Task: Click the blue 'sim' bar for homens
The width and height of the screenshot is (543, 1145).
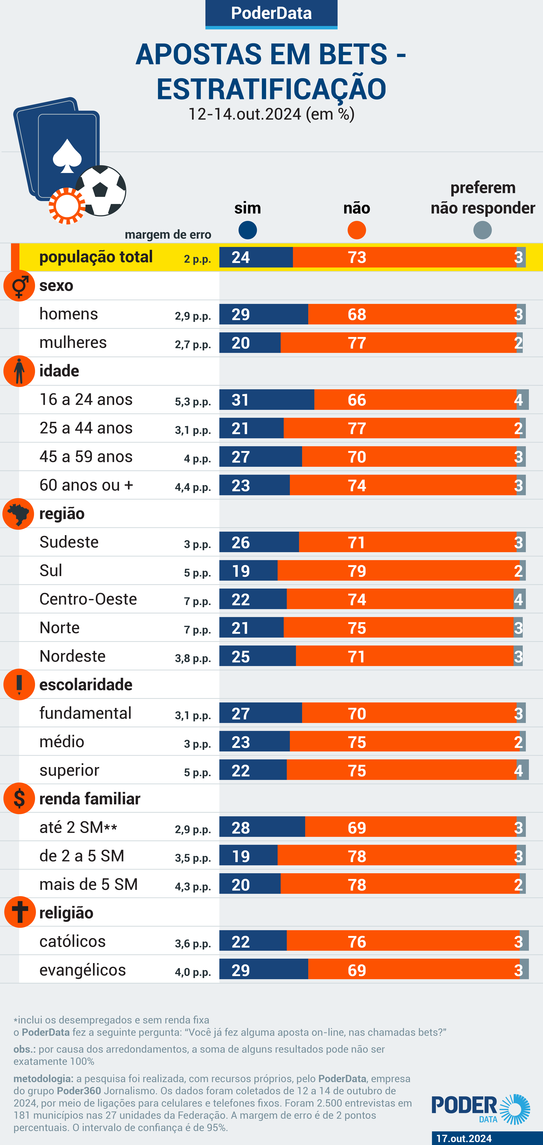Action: pyautogui.click(x=263, y=314)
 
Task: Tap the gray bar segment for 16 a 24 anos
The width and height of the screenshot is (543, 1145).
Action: pyautogui.click(x=523, y=400)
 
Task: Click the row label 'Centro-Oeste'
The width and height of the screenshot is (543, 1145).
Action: pyautogui.click(x=88, y=599)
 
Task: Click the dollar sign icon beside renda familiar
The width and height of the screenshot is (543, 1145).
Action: pyautogui.click(x=19, y=798)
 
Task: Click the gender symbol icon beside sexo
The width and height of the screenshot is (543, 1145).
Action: pyautogui.click(x=19, y=286)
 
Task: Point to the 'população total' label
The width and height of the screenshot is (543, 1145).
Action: pyautogui.click(x=96, y=257)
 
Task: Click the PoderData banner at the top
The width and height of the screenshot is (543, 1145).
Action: pyautogui.click(x=271, y=13)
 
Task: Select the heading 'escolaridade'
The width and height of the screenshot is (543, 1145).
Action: pyautogui.click(x=86, y=684)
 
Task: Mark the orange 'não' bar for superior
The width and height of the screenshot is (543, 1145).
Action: pyautogui.click(x=401, y=770)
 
